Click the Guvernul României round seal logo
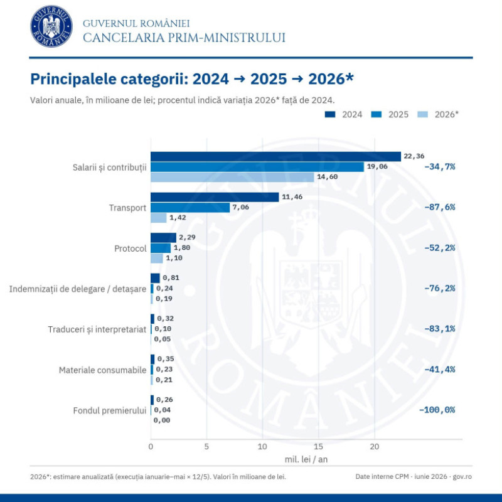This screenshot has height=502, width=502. click(51, 26)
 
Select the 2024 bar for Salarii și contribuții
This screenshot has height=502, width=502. click(275, 156)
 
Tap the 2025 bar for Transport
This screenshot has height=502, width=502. click(190, 208)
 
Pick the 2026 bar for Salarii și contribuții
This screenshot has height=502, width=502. click(232, 177)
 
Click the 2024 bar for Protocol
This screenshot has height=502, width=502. click(164, 238)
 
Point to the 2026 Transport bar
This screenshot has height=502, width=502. click(159, 218)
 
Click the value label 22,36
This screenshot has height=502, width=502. click(414, 156)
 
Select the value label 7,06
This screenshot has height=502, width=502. click(241, 207)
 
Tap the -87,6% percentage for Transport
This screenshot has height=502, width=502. click(440, 207)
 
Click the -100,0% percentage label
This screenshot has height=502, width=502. click(437, 410)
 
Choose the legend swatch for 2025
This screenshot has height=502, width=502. click(376, 114)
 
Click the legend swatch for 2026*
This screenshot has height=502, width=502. click(422, 114)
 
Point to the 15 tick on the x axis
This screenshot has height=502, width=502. click(319, 446)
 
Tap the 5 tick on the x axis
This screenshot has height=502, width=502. click(206, 446)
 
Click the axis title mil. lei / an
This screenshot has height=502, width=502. click(306, 459)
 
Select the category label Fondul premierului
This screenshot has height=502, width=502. click(109, 410)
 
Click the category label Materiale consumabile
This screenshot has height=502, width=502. click(102, 370)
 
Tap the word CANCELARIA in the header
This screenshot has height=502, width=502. click(124, 38)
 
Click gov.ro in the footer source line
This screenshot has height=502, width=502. click(462, 476)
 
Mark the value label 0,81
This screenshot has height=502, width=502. click(171, 277)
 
